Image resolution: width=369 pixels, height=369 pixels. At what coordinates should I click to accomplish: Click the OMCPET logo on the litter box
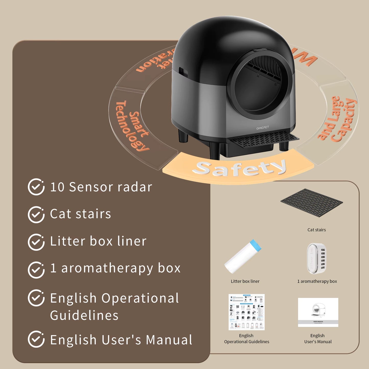click(x=263, y=127)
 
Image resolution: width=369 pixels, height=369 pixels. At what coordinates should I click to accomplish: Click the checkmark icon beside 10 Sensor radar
click(x=36, y=187)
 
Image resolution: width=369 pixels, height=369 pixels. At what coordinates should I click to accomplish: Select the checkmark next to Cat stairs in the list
click(x=36, y=215)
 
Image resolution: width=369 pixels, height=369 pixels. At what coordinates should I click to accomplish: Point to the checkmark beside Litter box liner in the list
click(x=36, y=242)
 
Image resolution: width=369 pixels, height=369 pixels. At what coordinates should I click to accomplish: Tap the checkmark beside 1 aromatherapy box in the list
click(x=36, y=269)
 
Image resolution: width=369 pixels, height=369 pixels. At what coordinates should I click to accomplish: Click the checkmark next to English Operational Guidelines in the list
click(x=36, y=298)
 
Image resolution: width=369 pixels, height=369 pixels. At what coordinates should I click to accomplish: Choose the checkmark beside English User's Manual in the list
click(x=36, y=339)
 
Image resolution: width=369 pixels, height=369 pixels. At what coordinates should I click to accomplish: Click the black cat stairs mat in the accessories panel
click(x=312, y=203)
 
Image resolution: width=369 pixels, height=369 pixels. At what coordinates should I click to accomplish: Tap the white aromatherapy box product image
click(x=317, y=258)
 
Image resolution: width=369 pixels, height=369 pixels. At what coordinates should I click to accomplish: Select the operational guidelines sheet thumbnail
click(x=246, y=312)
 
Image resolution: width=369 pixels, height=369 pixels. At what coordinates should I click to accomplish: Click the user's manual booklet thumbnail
click(x=318, y=312)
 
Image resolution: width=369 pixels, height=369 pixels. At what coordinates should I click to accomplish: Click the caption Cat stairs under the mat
click(x=317, y=230)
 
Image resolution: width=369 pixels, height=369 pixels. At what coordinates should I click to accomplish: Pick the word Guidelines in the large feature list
click(x=84, y=315)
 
